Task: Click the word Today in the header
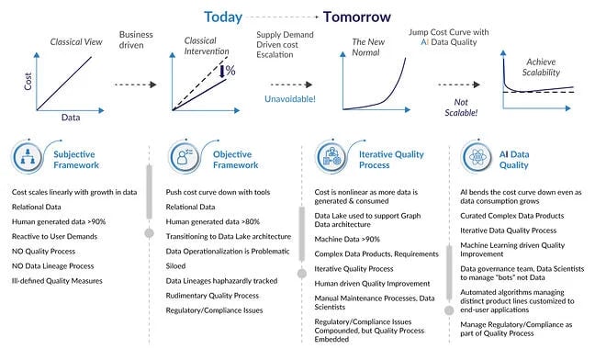(x=223, y=17)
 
